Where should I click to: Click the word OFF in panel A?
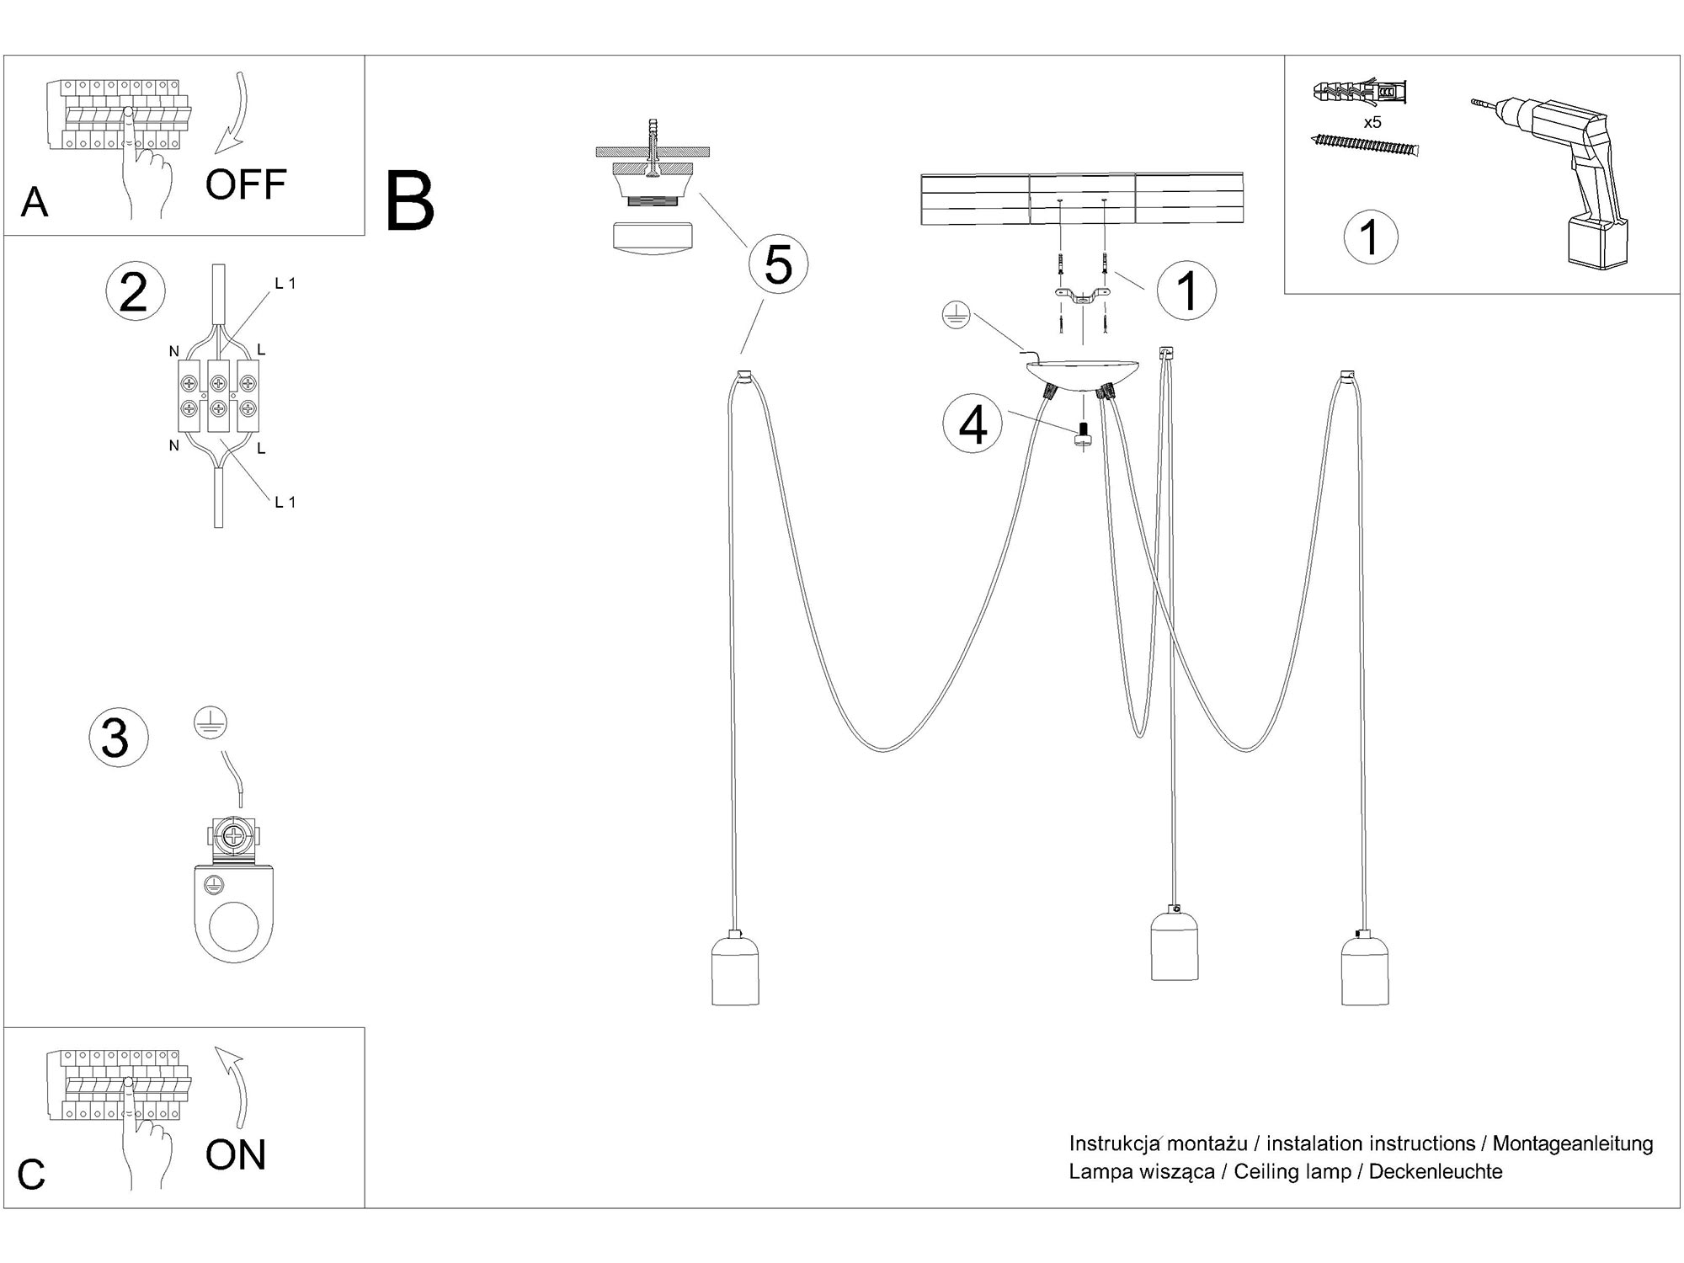pos(245,185)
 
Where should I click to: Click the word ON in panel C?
pos(235,1154)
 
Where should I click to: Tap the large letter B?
pos(409,202)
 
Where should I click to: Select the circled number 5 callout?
pos(778,264)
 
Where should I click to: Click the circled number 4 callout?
pos(973,424)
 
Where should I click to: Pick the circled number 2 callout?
pos(135,293)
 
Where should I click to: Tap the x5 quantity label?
pos(1372,123)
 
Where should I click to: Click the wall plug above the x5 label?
pos(1360,92)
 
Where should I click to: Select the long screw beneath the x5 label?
pos(1364,146)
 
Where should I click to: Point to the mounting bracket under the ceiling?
pos(1081,294)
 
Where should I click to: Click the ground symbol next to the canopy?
pos(957,317)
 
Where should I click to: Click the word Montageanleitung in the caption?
pos(1572,1144)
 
